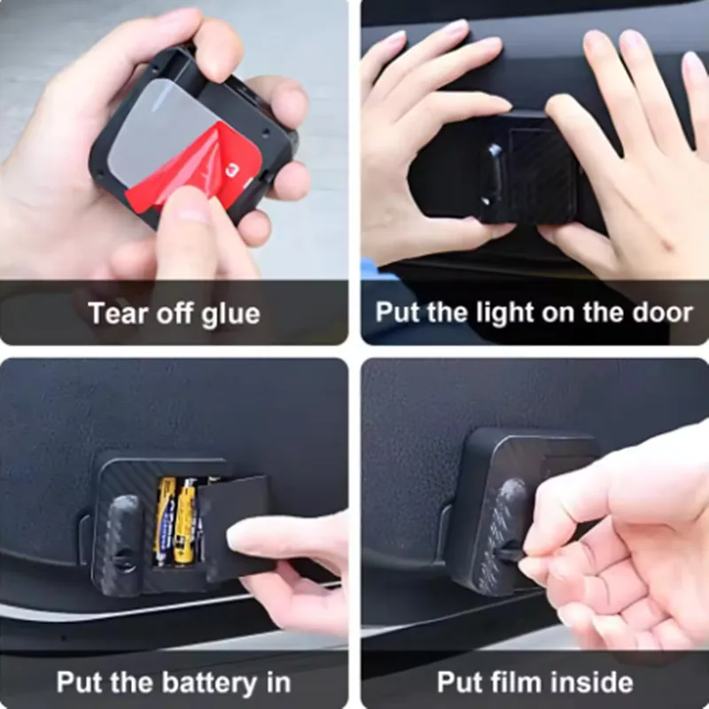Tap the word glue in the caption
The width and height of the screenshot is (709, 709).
(230, 316)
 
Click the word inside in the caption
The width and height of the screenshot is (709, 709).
(585, 682)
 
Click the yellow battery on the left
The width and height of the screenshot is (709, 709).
(164, 520)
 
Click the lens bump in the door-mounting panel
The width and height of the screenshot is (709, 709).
(492, 173)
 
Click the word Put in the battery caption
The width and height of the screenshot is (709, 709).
(80, 682)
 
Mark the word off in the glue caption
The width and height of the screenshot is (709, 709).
(175, 313)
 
